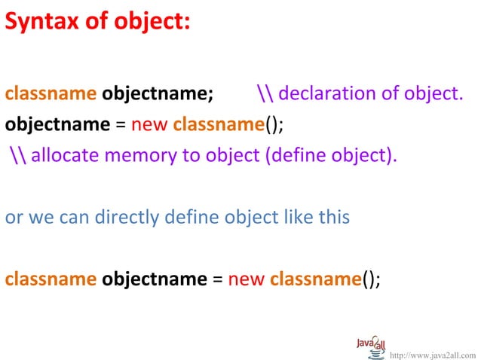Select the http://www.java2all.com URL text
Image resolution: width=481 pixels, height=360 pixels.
433,352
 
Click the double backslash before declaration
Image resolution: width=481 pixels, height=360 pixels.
265,94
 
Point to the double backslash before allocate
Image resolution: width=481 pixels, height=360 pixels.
18,156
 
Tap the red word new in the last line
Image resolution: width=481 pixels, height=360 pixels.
246,279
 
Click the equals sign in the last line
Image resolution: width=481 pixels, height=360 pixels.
217,279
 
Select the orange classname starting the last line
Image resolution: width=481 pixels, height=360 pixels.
51,279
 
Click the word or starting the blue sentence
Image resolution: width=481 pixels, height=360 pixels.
13,218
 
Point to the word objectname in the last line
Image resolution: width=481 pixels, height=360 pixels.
154,279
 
